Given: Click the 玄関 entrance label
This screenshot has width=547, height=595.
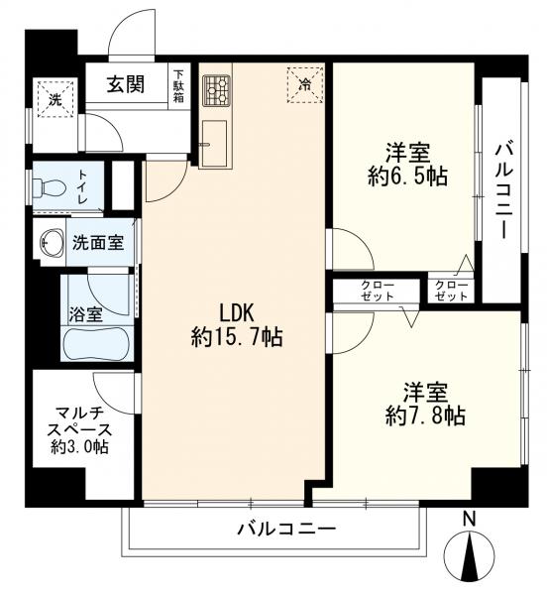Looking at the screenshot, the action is (126, 84).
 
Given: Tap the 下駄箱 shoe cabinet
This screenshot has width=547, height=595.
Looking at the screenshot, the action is (179, 86).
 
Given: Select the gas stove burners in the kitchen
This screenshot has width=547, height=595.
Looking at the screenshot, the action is (216, 90).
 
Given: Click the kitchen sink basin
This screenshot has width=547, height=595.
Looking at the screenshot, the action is (215, 144).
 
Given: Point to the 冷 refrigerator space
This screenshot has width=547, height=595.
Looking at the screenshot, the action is (305, 84).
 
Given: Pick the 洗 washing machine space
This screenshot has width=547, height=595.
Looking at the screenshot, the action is (55, 99).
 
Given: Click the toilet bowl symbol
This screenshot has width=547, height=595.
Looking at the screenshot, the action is (50, 187).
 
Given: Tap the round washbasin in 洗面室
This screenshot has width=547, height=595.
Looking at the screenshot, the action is (52, 243).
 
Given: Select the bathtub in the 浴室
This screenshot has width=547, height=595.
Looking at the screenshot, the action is (98, 344).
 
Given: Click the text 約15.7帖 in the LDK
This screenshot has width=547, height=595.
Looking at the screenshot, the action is (237, 336).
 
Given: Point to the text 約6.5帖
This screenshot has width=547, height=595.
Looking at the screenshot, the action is (407, 176).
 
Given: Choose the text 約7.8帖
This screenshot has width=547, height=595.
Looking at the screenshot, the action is (425, 416).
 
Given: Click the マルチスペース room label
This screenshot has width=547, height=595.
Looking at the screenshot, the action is (80, 429).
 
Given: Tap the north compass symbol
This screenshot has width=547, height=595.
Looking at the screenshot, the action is (470, 553).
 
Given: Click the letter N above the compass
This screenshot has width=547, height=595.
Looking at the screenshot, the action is (470, 519).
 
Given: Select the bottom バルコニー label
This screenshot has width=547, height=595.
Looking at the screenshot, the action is (286, 529).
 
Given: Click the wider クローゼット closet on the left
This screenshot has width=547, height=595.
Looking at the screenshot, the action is (377, 291).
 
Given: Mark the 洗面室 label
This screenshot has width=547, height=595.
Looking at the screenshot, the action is (98, 242).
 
